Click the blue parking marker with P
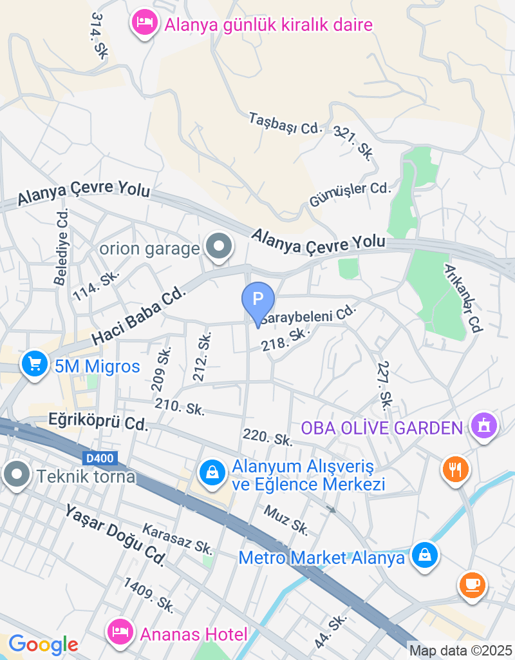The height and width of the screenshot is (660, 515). [257, 300]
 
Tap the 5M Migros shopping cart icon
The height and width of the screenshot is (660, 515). [35, 365]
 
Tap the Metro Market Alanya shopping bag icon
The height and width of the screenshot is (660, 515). [425, 554]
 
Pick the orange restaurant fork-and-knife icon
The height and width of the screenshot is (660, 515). [456, 469]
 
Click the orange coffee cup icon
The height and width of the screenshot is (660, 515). [473, 585]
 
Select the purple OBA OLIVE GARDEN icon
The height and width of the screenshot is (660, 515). [484, 425]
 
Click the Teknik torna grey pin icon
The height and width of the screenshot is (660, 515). [16, 475]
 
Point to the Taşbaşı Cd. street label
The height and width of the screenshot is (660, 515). [285, 123]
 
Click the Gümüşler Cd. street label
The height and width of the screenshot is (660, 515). [350, 195]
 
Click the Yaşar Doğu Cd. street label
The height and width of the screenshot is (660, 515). [115, 535]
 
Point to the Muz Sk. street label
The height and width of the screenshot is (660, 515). [286, 519]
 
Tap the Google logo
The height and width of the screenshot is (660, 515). [43, 644]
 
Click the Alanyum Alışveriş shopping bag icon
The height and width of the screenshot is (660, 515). [211, 474]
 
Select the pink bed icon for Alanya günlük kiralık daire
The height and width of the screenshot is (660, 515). [145, 24]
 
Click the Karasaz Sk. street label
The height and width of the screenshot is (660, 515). [177, 539]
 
